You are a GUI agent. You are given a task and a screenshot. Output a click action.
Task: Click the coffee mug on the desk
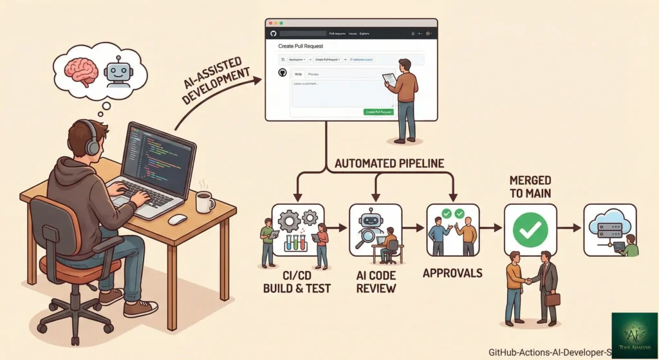pos(205,201)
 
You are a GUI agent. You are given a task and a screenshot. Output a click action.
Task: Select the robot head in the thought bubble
pos(117,71)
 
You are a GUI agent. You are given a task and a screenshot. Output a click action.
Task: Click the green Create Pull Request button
pos(378,111)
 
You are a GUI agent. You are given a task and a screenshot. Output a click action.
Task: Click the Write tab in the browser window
pos(298,75)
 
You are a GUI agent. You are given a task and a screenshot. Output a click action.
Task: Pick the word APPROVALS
pos(452,273)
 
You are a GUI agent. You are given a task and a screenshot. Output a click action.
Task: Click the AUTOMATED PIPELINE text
pos(389,164)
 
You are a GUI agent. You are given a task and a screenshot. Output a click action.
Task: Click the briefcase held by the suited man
pos(552,299)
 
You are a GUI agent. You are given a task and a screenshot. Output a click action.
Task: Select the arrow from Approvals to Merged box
pos(491,227)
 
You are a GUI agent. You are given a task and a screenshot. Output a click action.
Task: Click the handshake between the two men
pos(528,281)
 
